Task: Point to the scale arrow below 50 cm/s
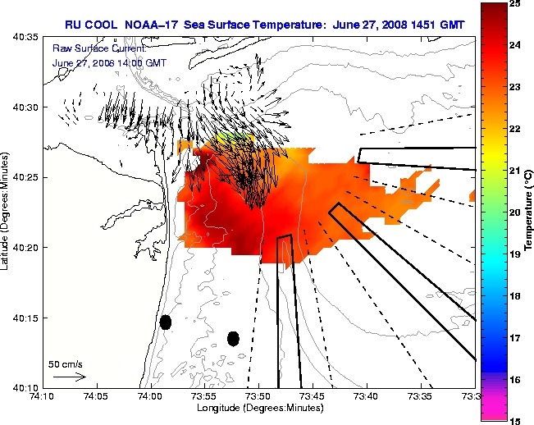70,377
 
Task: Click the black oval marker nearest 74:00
165,322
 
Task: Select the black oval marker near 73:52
233,338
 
